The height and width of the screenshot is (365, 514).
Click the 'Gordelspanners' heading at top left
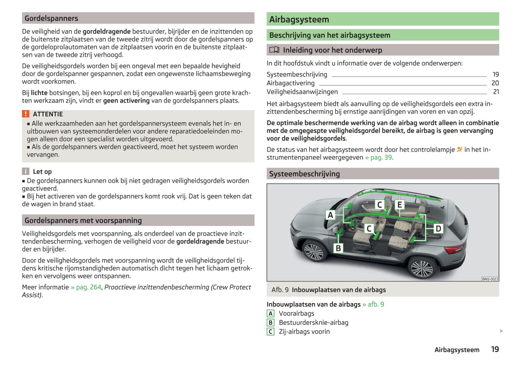coord(52,18)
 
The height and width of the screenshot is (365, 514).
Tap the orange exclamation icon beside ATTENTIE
coord(26,114)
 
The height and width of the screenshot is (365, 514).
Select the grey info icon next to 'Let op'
coord(26,171)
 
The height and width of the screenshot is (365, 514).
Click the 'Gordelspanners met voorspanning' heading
coord(83,221)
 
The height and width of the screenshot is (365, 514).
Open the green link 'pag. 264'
coord(86,287)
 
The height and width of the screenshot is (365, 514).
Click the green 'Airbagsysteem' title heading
coord(299,20)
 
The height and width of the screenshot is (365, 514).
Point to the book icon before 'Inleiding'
coord(274,50)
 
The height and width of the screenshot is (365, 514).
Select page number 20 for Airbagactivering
coord(495,83)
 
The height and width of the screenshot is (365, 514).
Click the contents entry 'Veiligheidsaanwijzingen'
coord(302,92)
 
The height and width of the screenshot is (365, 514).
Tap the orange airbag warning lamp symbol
coord(460,149)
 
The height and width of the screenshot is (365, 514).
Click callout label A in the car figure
coord(330,215)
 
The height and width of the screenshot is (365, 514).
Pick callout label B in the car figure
coord(338,248)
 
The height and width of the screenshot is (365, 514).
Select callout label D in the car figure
coord(438,228)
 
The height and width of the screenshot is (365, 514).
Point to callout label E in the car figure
coord(399,205)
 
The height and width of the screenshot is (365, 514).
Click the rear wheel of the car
coord(422,267)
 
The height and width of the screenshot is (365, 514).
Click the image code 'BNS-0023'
coord(490,279)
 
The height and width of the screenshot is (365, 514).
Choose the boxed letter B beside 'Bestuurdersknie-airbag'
coord(270,323)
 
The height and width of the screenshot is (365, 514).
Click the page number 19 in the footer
coord(495,349)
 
